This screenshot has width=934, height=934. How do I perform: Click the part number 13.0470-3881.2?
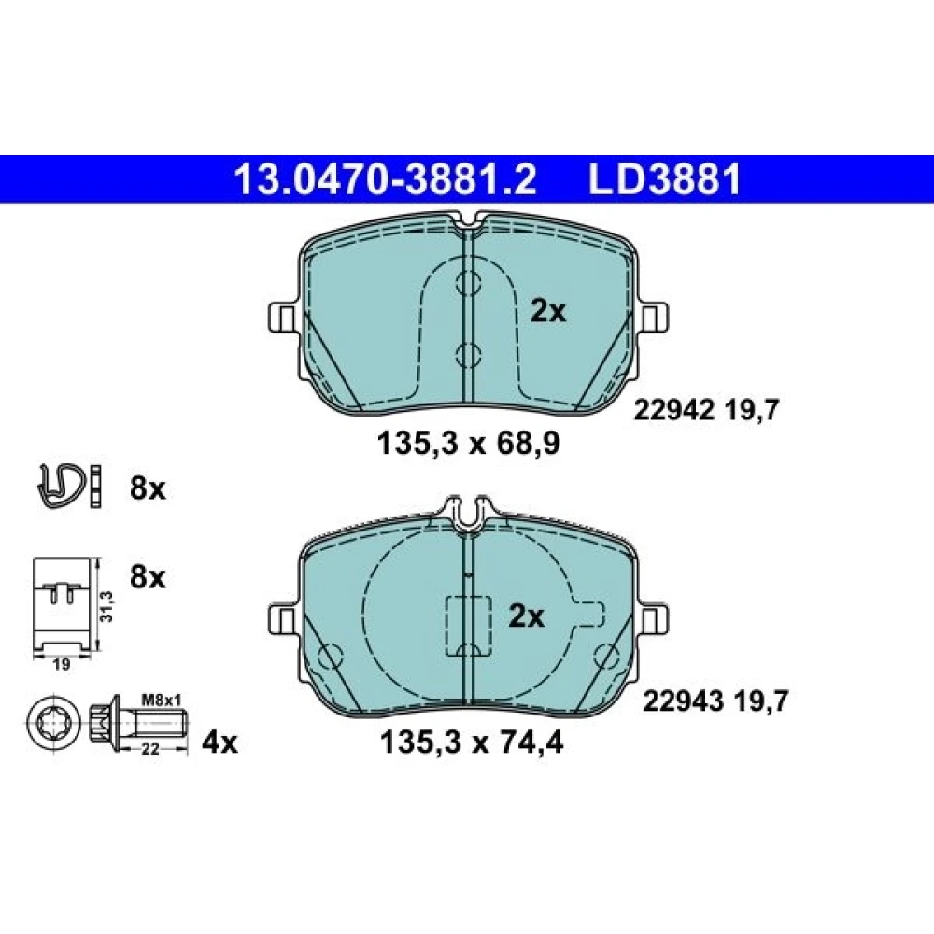pyautogui.click(x=386, y=179)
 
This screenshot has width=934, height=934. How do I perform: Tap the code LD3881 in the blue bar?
pyautogui.click(x=665, y=179)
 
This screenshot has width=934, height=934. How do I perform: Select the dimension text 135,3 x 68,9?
pyautogui.click(x=469, y=444)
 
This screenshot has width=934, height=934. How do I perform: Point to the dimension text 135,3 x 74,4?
pyautogui.click(x=471, y=743)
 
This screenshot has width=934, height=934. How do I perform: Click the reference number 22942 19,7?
pyautogui.click(x=706, y=410)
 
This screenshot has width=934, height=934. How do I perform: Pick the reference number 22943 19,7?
pyautogui.click(x=715, y=701)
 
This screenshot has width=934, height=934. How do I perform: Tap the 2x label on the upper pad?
pyautogui.click(x=548, y=311)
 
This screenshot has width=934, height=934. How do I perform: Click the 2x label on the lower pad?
pyautogui.click(x=526, y=617)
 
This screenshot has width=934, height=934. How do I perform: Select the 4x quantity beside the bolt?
pyautogui.click(x=219, y=743)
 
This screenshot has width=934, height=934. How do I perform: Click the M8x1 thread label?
pyautogui.click(x=162, y=700)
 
